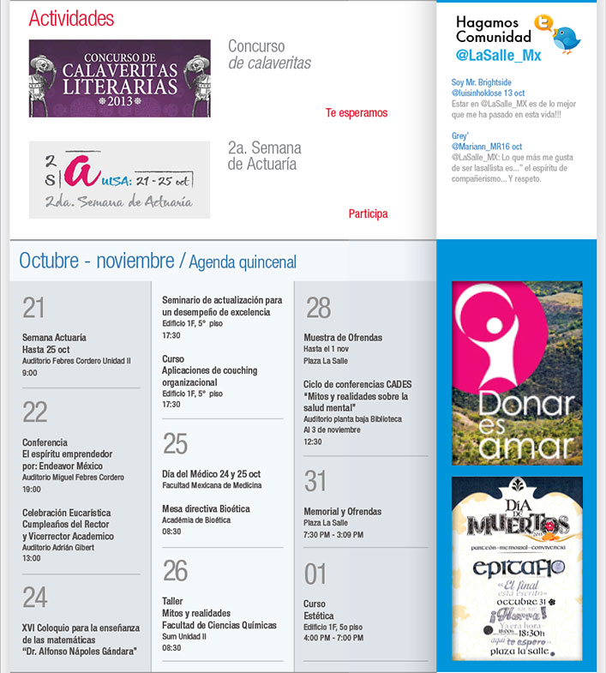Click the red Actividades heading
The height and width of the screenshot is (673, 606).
pos(71,19)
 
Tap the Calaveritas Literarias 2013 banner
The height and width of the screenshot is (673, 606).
pos(119,78)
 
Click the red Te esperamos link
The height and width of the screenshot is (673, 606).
pos(357,113)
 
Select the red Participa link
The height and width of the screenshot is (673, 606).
pos(368,213)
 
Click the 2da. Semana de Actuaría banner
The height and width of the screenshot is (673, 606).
pos(119,179)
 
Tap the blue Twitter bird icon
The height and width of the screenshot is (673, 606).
pos(566,38)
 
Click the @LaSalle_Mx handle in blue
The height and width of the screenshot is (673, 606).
pos(499,55)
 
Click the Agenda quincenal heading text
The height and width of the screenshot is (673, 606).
pos(243,261)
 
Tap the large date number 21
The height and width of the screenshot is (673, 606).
pos(33,307)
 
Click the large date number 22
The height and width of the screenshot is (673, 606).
pos(34,412)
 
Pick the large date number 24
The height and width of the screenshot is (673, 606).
pos(34,597)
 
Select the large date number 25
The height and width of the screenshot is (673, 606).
pos(175,443)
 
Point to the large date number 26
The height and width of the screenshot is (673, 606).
pos(175,569)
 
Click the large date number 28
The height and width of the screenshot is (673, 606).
pos(318,307)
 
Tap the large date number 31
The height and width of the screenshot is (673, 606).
pos(316,480)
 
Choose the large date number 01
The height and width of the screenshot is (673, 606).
pos(315,572)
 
